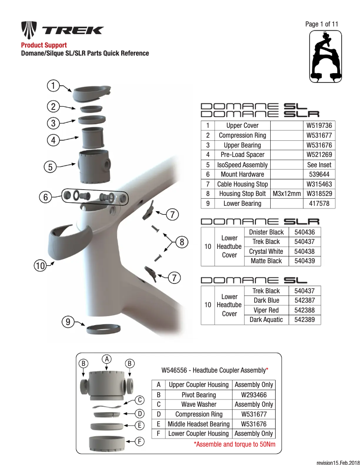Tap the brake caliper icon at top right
click(324, 57)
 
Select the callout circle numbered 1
click(53, 85)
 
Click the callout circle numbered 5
click(50, 167)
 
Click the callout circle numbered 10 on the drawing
click(40, 266)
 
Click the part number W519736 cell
click(319, 126)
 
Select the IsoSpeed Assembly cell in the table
click(242, 165)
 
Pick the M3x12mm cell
click(286, 194)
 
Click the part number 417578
click(319, 204)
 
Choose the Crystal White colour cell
click(266, 252)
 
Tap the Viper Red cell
click(266, 310)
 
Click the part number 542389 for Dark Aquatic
click(304, 320)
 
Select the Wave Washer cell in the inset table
click(199, 404)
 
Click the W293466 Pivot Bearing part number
click(254, 395)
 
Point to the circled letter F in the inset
click(140, 442)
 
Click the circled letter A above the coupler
click(106, 359)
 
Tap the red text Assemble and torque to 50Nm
click(234, 444)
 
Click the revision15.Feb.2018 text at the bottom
click(338, 461)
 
